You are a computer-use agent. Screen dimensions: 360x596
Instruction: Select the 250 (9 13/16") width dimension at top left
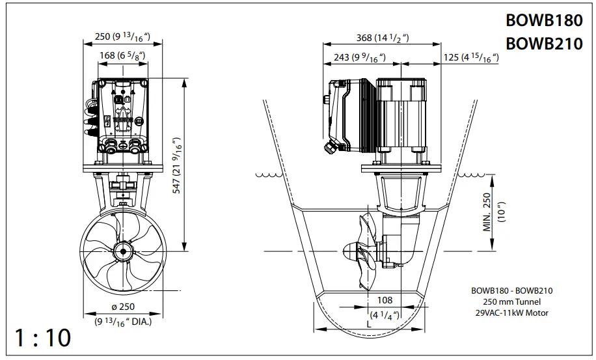coord(122,37)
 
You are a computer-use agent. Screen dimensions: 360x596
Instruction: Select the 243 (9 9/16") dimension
coord(359,58)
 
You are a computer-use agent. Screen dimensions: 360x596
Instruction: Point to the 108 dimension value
coord(385,300)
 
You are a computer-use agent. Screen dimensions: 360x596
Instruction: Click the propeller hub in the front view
coord(122,251)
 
